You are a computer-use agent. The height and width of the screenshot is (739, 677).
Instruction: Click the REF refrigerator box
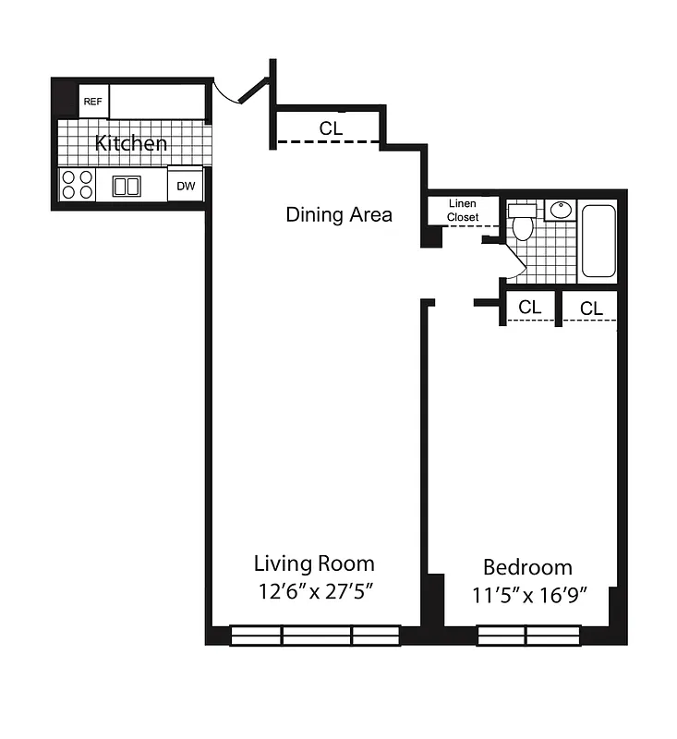point(93,102)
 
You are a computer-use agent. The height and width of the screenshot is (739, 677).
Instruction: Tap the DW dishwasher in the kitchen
point(187,186)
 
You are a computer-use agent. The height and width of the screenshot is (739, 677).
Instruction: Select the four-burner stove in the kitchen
point(78,185)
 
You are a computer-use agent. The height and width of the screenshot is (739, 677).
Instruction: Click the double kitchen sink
point(127,186)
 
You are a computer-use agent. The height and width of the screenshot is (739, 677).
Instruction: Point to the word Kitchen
point(132,144)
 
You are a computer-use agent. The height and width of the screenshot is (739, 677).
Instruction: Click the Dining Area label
point(339,215)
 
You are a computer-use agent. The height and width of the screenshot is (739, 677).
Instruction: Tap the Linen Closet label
point(463,211)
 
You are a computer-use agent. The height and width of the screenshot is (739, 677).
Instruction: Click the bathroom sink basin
point(560,210)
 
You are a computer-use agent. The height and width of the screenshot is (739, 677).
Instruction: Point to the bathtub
point(598,240)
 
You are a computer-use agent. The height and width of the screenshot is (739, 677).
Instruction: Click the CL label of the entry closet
point(331,129)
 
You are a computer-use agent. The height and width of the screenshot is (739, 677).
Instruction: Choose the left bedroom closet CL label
point(529,308)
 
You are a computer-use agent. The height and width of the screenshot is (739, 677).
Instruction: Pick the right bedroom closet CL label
point(591,309)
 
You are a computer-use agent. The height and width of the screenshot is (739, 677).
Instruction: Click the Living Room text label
point(314,563)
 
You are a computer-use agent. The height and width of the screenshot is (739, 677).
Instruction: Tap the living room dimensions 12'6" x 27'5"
point(314,591)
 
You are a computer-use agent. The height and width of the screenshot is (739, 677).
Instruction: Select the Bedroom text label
point(527,567)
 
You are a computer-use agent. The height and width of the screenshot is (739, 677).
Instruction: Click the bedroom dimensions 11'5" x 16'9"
point(530,594)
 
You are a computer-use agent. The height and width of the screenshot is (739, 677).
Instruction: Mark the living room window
point(314,635)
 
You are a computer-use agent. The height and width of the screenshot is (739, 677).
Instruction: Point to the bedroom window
point(527,635)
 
